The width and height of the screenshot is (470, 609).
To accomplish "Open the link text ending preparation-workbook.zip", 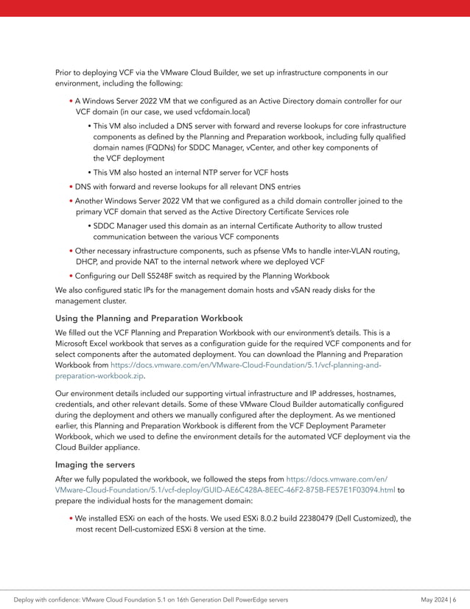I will pos(99,375).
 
